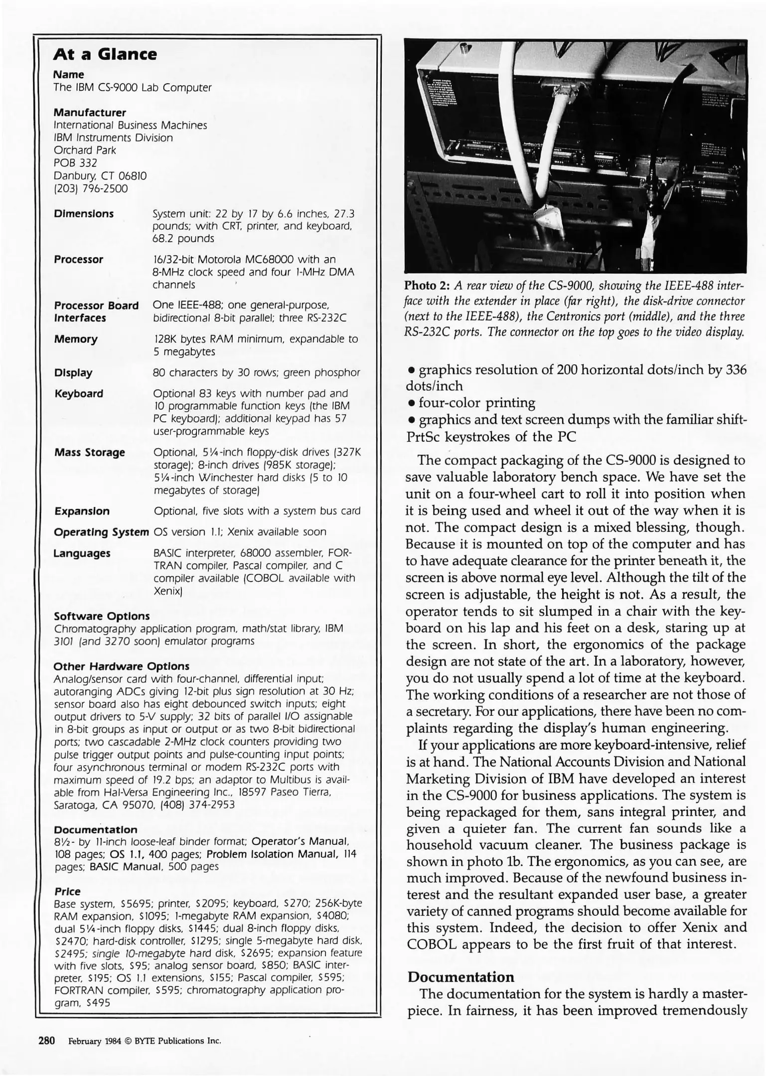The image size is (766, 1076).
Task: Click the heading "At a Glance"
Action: coord(105,54)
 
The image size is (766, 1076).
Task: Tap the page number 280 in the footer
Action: coord(46,1041)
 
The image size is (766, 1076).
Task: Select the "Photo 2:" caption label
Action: coord(427,286)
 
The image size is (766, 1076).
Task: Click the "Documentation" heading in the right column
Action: coord(460,977)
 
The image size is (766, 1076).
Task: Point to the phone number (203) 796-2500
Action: coord(91,189)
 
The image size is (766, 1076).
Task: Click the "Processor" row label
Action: coord(78,260)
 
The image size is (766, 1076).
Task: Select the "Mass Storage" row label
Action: coord(89,452)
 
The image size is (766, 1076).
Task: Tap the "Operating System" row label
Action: coord(101,532)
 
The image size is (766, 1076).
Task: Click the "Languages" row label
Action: coord(82,553)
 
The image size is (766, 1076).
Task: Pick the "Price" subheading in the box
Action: coord(67,891)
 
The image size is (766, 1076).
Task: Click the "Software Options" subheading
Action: coord(101,616)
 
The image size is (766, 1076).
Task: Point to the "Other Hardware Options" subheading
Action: coord(121,666)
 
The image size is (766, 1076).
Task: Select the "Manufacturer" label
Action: coord(90,113)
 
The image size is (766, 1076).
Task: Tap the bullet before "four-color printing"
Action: coord(411,403)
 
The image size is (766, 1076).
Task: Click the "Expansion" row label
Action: coord(82,511)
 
